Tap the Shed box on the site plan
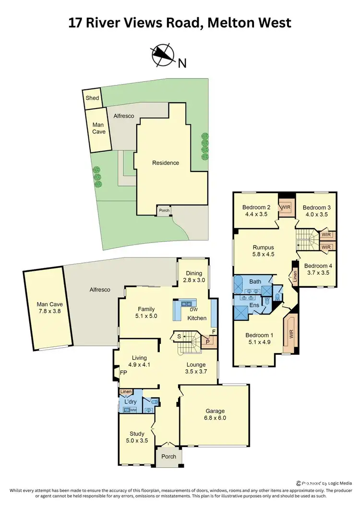pyautogui.click(x=92, y=98)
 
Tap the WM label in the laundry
pyautogui.click(x=133, y=410)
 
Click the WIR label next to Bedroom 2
pyautogui.click(x=286, y=207)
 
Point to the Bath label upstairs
pyautogui.click(x=255, y=281)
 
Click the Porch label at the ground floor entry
pyautogui.click(x=168, y=457)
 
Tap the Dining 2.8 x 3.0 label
pyautogui.click(x=194, y=277)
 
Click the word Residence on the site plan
pyautogui.click(x=166, y=163)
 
